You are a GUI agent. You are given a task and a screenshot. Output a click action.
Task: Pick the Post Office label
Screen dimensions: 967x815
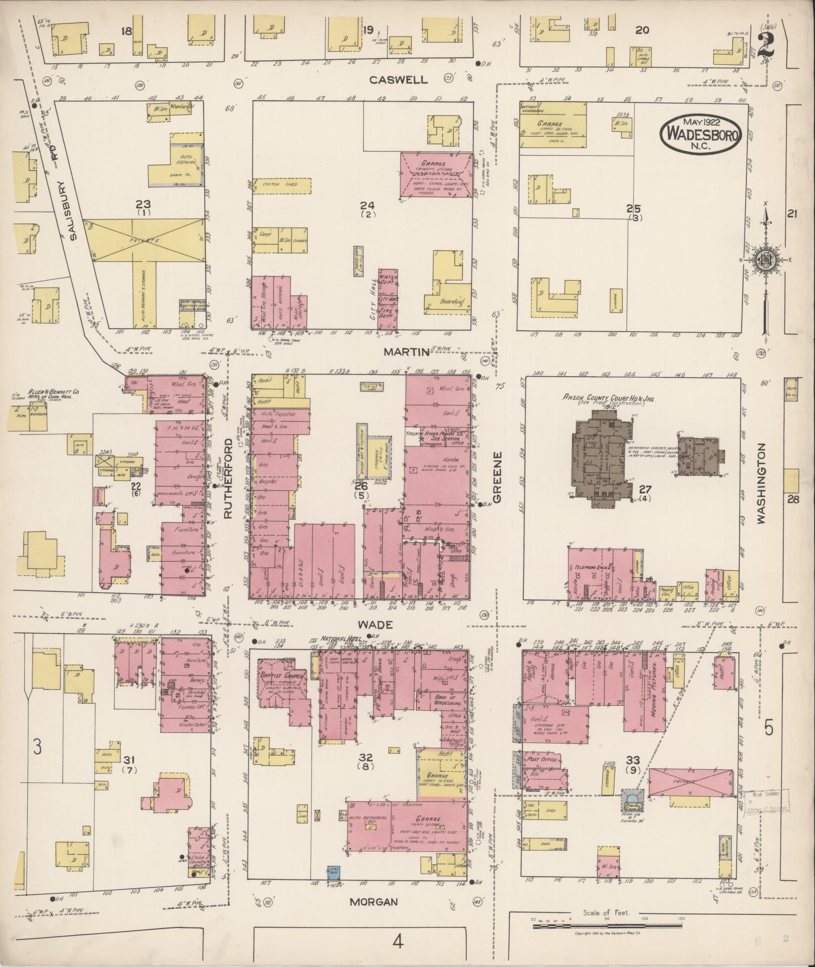pyautogui.click(x=542, y=759)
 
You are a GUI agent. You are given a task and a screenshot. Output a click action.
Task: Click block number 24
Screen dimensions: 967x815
pyautogui.click(x=367, y=205)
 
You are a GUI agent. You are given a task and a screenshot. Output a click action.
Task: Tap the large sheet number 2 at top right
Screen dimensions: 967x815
pyautogui.click(x=767, y=45)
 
